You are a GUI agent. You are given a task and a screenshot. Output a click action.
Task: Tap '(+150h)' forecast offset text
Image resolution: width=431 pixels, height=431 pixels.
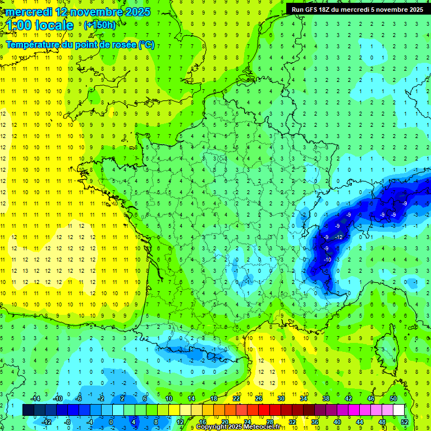pyautogui.click(x=100, y=25)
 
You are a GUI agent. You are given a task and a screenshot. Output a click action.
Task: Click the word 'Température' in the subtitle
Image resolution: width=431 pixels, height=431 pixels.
pyautogui.click(x=33, y=45)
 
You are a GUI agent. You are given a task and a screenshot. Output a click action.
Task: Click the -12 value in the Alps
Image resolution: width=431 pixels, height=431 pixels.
pyautogui.click(x=338, y=237)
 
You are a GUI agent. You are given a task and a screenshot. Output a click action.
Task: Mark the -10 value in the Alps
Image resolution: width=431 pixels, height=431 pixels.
pyautogui.click(x=327, y=260)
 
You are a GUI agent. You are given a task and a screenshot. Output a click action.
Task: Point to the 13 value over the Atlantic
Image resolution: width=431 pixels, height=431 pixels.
pyautogui.click(x=25, y=271)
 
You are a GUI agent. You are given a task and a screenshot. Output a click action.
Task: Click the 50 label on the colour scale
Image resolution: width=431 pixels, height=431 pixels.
pyautogui.click(x=393, y=398)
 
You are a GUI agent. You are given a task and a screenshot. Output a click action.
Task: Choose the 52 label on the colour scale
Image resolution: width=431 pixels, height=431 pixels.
pyautogui.click(x=405, y=421)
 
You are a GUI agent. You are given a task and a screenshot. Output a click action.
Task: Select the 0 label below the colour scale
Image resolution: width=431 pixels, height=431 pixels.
pyautogui.click(x=111, y=421)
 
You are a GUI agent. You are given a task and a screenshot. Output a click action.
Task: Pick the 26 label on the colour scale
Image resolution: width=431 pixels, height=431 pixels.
pyautogui.click(x=259, y=398)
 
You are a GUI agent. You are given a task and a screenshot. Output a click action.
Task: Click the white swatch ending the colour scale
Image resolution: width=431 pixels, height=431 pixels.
pyautogui.click(x=399, y=410)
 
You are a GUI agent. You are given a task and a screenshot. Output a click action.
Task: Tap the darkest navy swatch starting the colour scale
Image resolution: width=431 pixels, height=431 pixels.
pyautogui.click(x=28, y=410)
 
